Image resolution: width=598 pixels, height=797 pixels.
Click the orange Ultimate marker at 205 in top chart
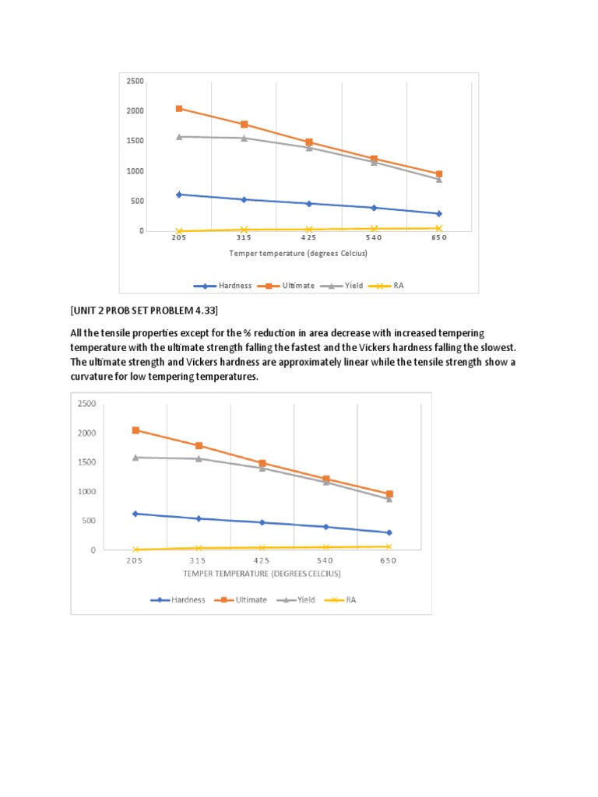coord(179,109)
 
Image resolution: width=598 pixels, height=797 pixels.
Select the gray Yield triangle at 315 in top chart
coord(244,138)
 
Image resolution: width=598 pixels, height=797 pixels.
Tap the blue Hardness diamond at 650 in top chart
coord(439,214)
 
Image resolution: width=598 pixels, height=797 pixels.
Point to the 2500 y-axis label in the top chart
coord(135,81)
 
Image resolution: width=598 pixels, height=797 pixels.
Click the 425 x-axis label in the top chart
coord(308,237)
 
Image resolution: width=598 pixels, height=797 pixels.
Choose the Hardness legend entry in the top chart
coord(223,286)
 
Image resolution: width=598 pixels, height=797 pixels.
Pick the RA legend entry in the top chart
coord(386,286)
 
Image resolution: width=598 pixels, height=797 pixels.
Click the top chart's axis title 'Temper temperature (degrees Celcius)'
coord(298,253)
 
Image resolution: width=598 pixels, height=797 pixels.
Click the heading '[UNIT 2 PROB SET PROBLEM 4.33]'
coord(144,311)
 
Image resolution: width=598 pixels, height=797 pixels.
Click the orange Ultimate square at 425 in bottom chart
coord(262,464)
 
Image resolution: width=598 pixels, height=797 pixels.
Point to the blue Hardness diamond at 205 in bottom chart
coord(135,514)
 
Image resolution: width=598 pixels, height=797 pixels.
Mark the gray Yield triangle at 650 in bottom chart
coord(389,499)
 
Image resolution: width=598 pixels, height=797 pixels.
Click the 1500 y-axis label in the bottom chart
coord(86,462)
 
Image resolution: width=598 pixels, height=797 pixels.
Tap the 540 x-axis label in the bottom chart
coord(325,560)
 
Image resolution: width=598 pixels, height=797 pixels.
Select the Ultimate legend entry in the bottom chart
coord(241,600)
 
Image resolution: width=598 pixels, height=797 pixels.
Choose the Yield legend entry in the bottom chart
coord(296,600)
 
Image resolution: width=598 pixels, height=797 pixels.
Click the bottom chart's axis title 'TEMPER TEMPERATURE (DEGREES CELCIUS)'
coord(262,574)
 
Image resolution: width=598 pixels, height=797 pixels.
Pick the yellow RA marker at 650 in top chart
coord(439,228)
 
